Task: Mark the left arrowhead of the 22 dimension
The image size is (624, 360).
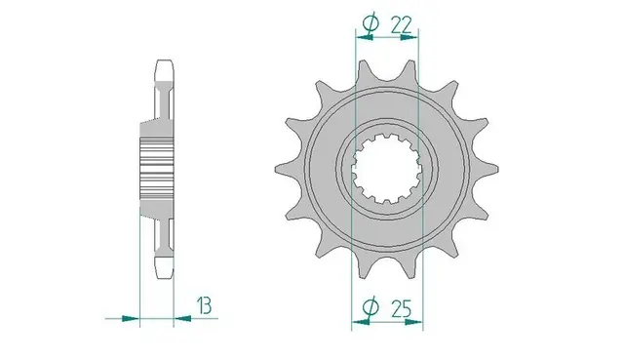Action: [363, 37]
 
